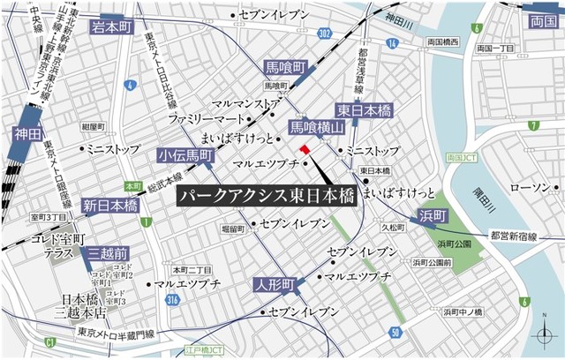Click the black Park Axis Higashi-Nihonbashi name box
click(266, 196)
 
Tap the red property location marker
click(305, 151)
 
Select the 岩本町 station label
click(110, 28)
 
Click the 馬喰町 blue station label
click(285, 67)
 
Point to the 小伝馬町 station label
click(185, 156)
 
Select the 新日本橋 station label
click(110, 206)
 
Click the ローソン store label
click(530, 187)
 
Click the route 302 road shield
click(325, 33)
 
